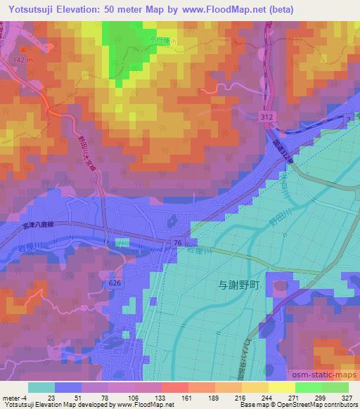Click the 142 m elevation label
(22, 62)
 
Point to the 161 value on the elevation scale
(171, 397)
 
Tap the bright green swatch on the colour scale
(308, 387)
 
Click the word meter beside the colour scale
(11, 397)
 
